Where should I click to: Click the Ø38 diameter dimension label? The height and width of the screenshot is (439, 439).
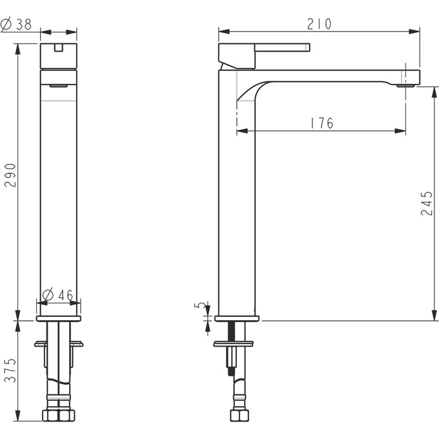pyautogui.click(x=17, y=25)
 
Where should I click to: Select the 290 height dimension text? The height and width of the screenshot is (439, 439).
pyautogui.click(x=11, y=175)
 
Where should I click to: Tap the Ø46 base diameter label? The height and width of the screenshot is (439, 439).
pyautogui.click(x=59, y=296)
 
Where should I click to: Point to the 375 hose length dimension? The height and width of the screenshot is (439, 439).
pyautogui.click(x=11, y=370)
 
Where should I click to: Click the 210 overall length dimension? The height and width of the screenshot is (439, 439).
pyautogui.click(x=319, y=24)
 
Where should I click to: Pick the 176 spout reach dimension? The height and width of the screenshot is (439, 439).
pyautogui.click(x=322, y=123)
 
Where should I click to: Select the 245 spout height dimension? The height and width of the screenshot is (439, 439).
pyautogui.click(x=427, y=203)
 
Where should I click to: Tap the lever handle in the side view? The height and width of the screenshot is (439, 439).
pyautogui.click(x=281, y=47)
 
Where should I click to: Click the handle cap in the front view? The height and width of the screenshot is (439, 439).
pyautogui.click(x=59, y=56)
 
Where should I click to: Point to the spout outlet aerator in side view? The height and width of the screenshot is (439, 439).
pyautogui.click(x=407, y=83)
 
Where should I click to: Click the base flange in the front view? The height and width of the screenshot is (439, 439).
pyautogui.click(x=59, y=318)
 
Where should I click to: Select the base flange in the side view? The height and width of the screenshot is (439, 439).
pyautogui.click(x=236, y=318)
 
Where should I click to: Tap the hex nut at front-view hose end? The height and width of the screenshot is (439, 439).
pyautogui.click(x=59, y=415)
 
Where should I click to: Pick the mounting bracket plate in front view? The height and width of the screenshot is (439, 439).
pyautogui.click(x=59, y=344)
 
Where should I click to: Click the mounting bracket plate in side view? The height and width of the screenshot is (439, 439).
pyautogui.click(x=234, y=344)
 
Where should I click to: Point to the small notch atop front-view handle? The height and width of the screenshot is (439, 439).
pyautogui.click(x=59, y=46)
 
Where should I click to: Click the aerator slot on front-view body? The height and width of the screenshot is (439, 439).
pyautogui.click(x=59, y=85)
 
